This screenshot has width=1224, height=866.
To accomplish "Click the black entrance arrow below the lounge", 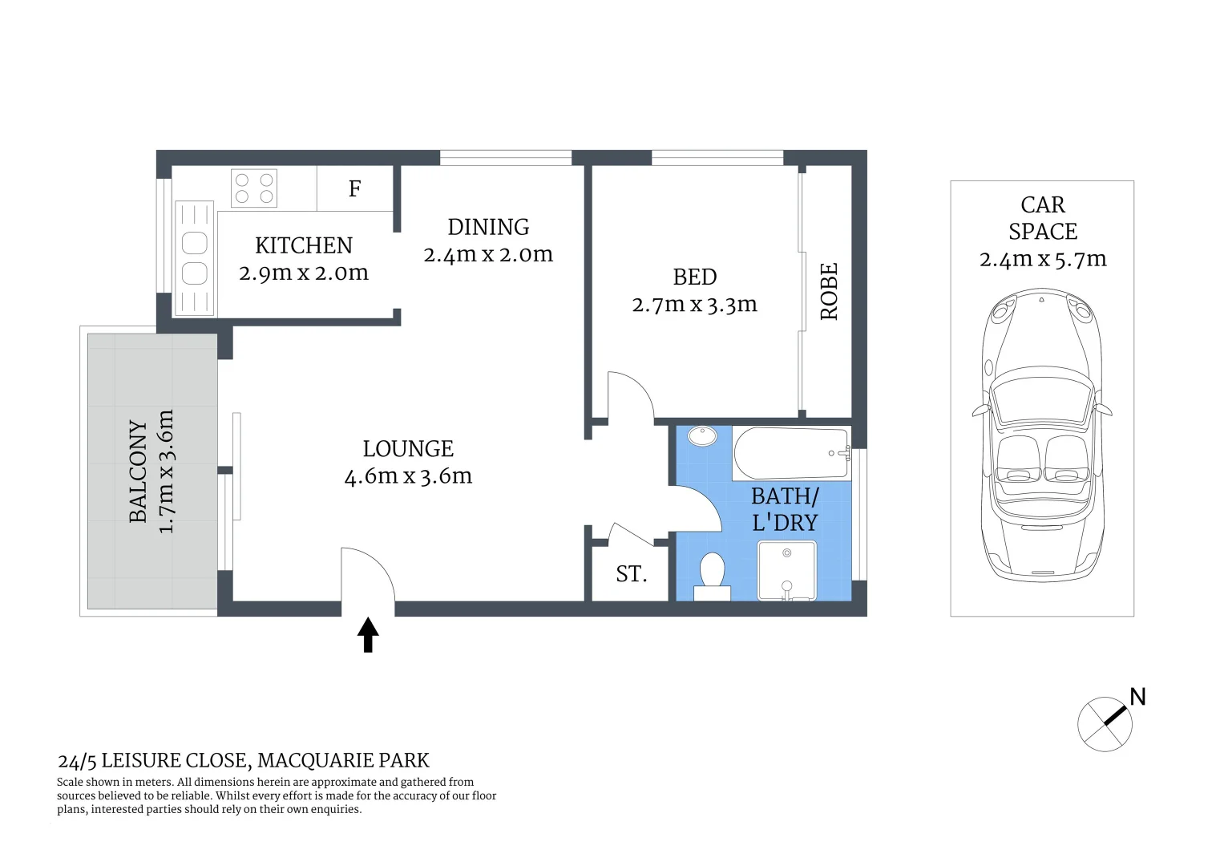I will tap(368, 634).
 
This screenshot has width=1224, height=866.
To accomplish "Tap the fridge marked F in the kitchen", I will tap(354, 188).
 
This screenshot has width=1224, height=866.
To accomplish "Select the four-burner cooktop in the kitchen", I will tap(254, 188).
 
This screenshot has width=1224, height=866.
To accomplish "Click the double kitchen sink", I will tap(195, 257).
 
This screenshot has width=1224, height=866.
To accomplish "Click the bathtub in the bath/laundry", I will tap(790, 453).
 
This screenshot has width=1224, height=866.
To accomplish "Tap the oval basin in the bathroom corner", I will tap(703, 437).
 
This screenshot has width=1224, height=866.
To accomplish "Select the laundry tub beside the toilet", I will tap(787, 570).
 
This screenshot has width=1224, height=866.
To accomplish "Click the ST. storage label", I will tap(631, 574).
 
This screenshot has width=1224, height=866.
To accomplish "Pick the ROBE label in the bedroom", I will tap(829, 292).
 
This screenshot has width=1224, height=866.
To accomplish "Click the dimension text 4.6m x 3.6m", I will tap(408, 476).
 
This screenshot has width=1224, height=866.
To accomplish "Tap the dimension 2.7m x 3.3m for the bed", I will tap(694, 305).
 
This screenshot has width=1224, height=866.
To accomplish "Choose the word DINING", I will tap(488, 228).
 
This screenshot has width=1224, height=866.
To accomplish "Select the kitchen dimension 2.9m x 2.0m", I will tap(304, 273).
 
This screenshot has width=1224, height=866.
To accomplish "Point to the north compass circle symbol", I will tap(1105, 724).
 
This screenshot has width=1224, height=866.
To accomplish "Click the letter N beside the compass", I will tap(1137, 697).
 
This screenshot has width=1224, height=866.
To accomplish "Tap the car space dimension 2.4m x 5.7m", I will tap(1042, 259).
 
